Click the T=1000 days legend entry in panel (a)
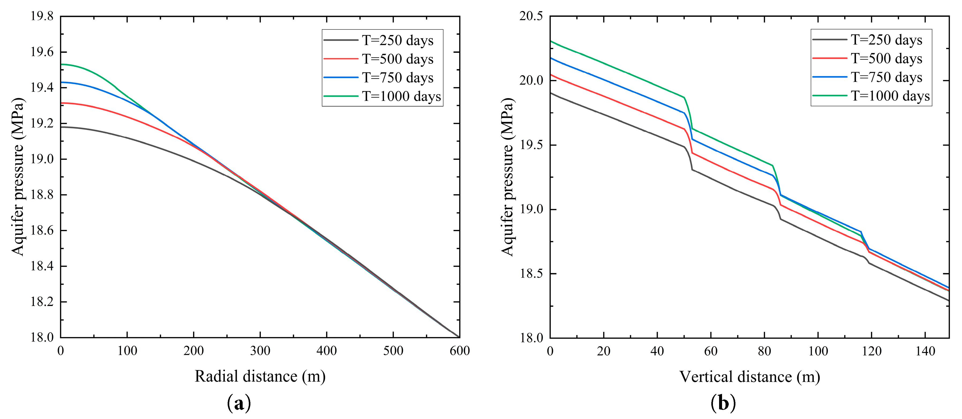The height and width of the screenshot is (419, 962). (401, 97)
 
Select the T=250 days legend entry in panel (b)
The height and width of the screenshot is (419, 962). (886, 40)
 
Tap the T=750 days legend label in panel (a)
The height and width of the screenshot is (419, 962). (397, 78)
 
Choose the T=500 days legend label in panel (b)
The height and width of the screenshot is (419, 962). (886, 59)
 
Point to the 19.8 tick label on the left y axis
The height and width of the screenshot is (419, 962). (42, 16)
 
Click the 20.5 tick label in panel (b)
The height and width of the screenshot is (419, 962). (531, 16)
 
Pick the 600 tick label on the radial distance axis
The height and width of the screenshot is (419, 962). (459, 351)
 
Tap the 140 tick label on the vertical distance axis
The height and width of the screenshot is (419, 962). (925, 351)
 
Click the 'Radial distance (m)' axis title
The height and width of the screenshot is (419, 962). (260, 376)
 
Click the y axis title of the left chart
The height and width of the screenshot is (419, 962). (18, 176)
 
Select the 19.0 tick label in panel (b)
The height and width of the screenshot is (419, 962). (531, 209)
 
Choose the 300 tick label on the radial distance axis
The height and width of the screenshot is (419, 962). (260, 351)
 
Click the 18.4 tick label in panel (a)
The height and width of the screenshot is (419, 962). (42, 266)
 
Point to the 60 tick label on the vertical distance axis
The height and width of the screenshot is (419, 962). (711, 351)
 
